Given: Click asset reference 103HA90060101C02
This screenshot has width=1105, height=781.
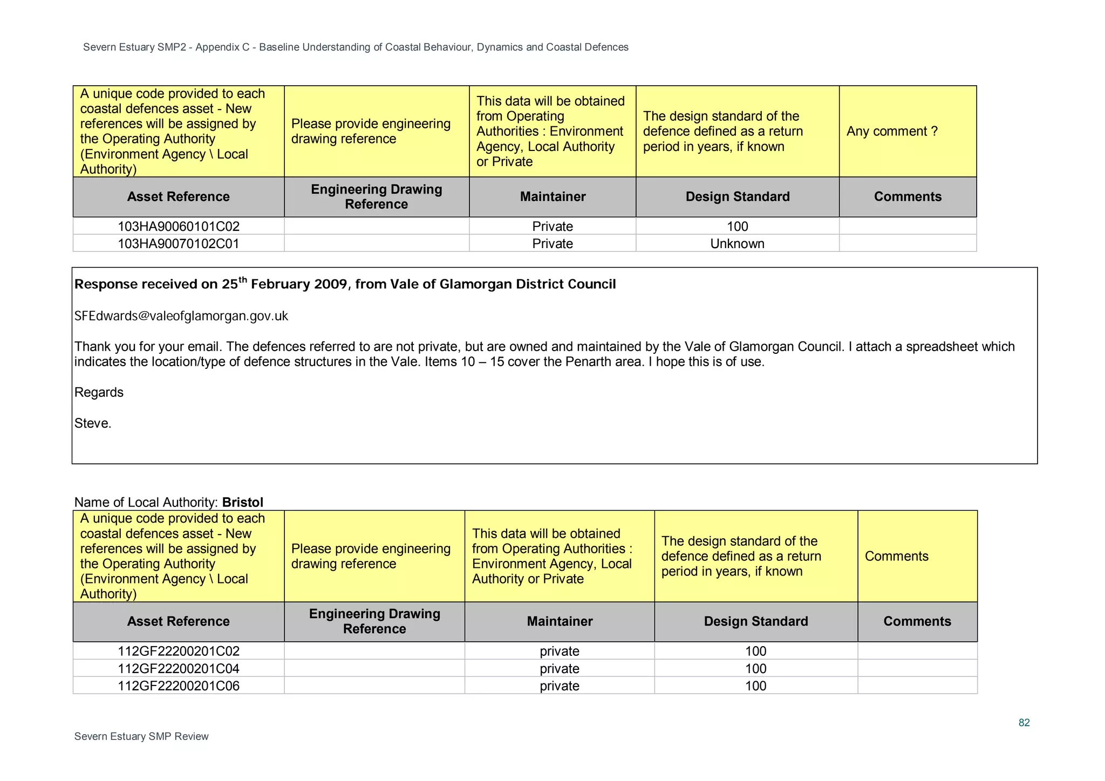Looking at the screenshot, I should tap(179, 227).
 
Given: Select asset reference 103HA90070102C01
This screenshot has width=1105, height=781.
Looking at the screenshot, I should tap(179, 244).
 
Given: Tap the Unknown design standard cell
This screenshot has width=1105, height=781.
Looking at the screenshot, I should tap(737, 244).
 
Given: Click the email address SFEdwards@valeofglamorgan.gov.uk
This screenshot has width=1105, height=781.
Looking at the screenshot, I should tap(181, 316).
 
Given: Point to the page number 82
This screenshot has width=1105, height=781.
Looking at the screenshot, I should tap(1024, 723).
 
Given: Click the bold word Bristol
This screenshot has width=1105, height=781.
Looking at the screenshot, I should tap(243, 502).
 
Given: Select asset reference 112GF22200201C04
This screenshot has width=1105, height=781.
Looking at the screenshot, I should tap(179, 669).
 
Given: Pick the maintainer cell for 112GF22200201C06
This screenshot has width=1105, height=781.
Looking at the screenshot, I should tap(560, 686).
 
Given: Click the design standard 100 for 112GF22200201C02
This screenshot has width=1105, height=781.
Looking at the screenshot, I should tap(755, 652).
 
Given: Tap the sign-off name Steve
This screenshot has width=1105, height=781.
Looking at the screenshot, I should tap(92, 423).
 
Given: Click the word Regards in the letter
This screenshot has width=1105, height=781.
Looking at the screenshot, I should tap(99, 393).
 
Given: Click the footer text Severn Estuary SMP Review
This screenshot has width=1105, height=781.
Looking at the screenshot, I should tap(141, 737).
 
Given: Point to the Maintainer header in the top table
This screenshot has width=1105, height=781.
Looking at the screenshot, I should tap(552, 197).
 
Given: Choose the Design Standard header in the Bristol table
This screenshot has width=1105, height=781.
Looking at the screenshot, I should tap(755, 621).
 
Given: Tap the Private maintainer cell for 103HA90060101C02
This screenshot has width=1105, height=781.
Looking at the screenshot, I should tap(552, 227).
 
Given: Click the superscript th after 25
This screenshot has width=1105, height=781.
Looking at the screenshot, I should tap(243, 279).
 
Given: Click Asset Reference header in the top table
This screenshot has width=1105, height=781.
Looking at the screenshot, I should tap(179, 197).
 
